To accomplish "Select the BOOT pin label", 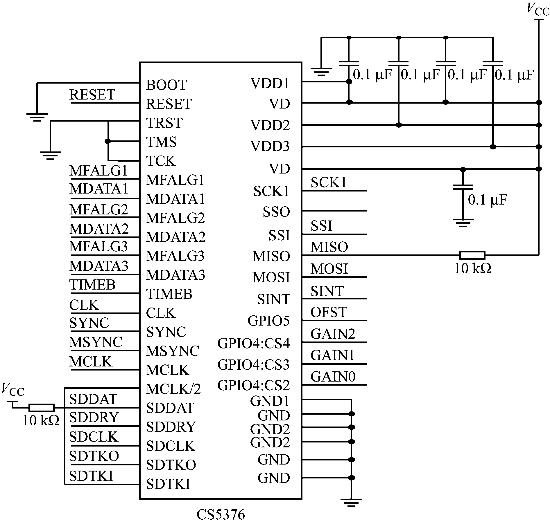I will click(166, 85).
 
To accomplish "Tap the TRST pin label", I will click(164, 123).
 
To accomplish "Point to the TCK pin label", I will click(161, 161).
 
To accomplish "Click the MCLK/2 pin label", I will click(173, 389).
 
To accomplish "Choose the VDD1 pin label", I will click(270, 84).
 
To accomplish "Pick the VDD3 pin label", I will click(270, 147).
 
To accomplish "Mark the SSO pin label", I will click(276, 212).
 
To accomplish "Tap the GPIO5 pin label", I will click(268, 321).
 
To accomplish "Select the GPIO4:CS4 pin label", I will click(253, 344).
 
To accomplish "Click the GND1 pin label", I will click(270, 401).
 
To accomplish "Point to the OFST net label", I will click(329, 312).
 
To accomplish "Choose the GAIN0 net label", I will click(333, 377).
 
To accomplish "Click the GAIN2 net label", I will click(333, 334).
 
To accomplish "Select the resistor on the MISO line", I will click(472, 255).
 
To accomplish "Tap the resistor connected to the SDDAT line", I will click(41, 408).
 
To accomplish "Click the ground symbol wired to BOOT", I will click(37, 117).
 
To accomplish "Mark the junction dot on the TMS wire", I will click(108, 141).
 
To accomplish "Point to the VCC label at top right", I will click(538, 9).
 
